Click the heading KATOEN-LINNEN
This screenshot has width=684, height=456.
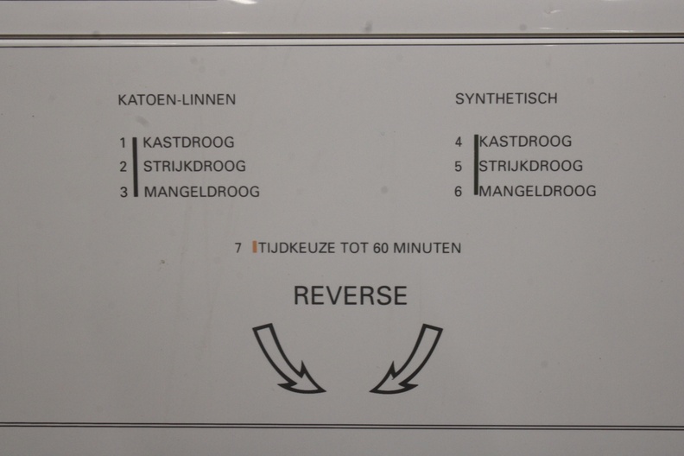click(177, 99)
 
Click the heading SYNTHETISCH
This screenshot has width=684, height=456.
click(506, 98)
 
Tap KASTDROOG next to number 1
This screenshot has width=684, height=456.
click(188, 142)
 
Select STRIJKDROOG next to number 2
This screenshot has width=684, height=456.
click(194, 167)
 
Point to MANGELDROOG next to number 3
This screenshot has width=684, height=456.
click(201, 192)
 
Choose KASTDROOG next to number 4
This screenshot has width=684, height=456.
click(525, 142)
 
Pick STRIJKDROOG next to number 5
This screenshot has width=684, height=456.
click(531, 166)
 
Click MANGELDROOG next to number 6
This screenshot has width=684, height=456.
click(537, 191)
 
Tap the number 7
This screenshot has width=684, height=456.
click(237, 248)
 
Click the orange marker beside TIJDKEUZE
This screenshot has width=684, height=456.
click(254, 247)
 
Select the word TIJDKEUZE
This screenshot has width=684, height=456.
click(296, 248)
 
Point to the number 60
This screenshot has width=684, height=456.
click(380, 248)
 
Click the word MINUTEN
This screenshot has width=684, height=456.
click(427, 248)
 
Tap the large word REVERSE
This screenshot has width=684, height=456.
click(351, 295)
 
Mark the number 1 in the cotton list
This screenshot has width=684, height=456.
click(123, 142)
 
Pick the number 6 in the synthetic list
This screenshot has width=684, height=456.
click(458, 192)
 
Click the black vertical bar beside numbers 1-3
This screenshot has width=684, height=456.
click(136, 168)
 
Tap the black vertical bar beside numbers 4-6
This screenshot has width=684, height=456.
click(477, 165)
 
